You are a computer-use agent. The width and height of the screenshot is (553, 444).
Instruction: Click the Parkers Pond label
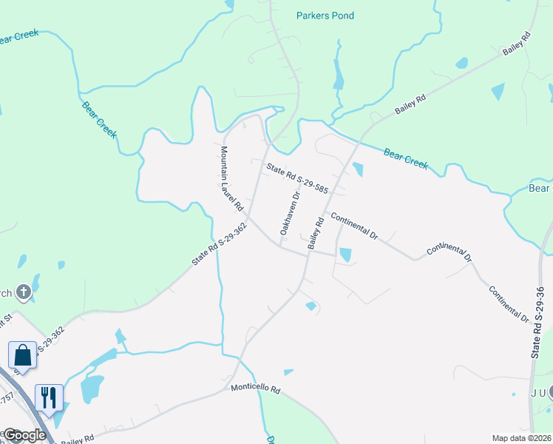[x=325, y=16]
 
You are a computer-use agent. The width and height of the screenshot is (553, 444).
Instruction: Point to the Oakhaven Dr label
[x=289, y=213]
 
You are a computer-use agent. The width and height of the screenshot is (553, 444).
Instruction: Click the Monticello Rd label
[x=255, y=388]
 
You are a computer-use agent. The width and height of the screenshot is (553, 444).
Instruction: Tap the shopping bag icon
[x=22, y=354]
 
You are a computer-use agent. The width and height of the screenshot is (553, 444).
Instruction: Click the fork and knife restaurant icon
[x=49, y=397]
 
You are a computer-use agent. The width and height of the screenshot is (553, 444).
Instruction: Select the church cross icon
[x=24, y=292]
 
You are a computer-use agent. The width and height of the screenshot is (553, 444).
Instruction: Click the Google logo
[x=24, y=435]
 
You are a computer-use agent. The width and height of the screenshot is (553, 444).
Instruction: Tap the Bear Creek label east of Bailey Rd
[x=406, y=158]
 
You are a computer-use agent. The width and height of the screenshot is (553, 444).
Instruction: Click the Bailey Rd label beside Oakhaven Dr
[x=315, y=233]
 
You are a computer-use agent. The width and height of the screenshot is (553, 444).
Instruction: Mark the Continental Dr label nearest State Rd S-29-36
[x=509, y=303]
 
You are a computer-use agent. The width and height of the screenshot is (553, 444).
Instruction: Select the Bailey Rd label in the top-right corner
[x=517, y=44]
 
